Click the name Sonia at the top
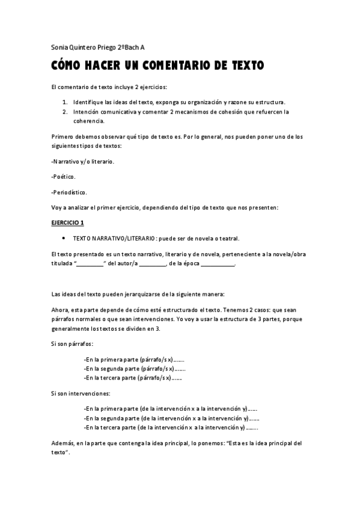coord(59,48)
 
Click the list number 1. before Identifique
coord(64,103)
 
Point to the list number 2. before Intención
coord(64,112)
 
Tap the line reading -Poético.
coord(64,177)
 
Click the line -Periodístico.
coord(69,192)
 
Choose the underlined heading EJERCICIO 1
coord(68,223)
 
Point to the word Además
coord(62,443)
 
